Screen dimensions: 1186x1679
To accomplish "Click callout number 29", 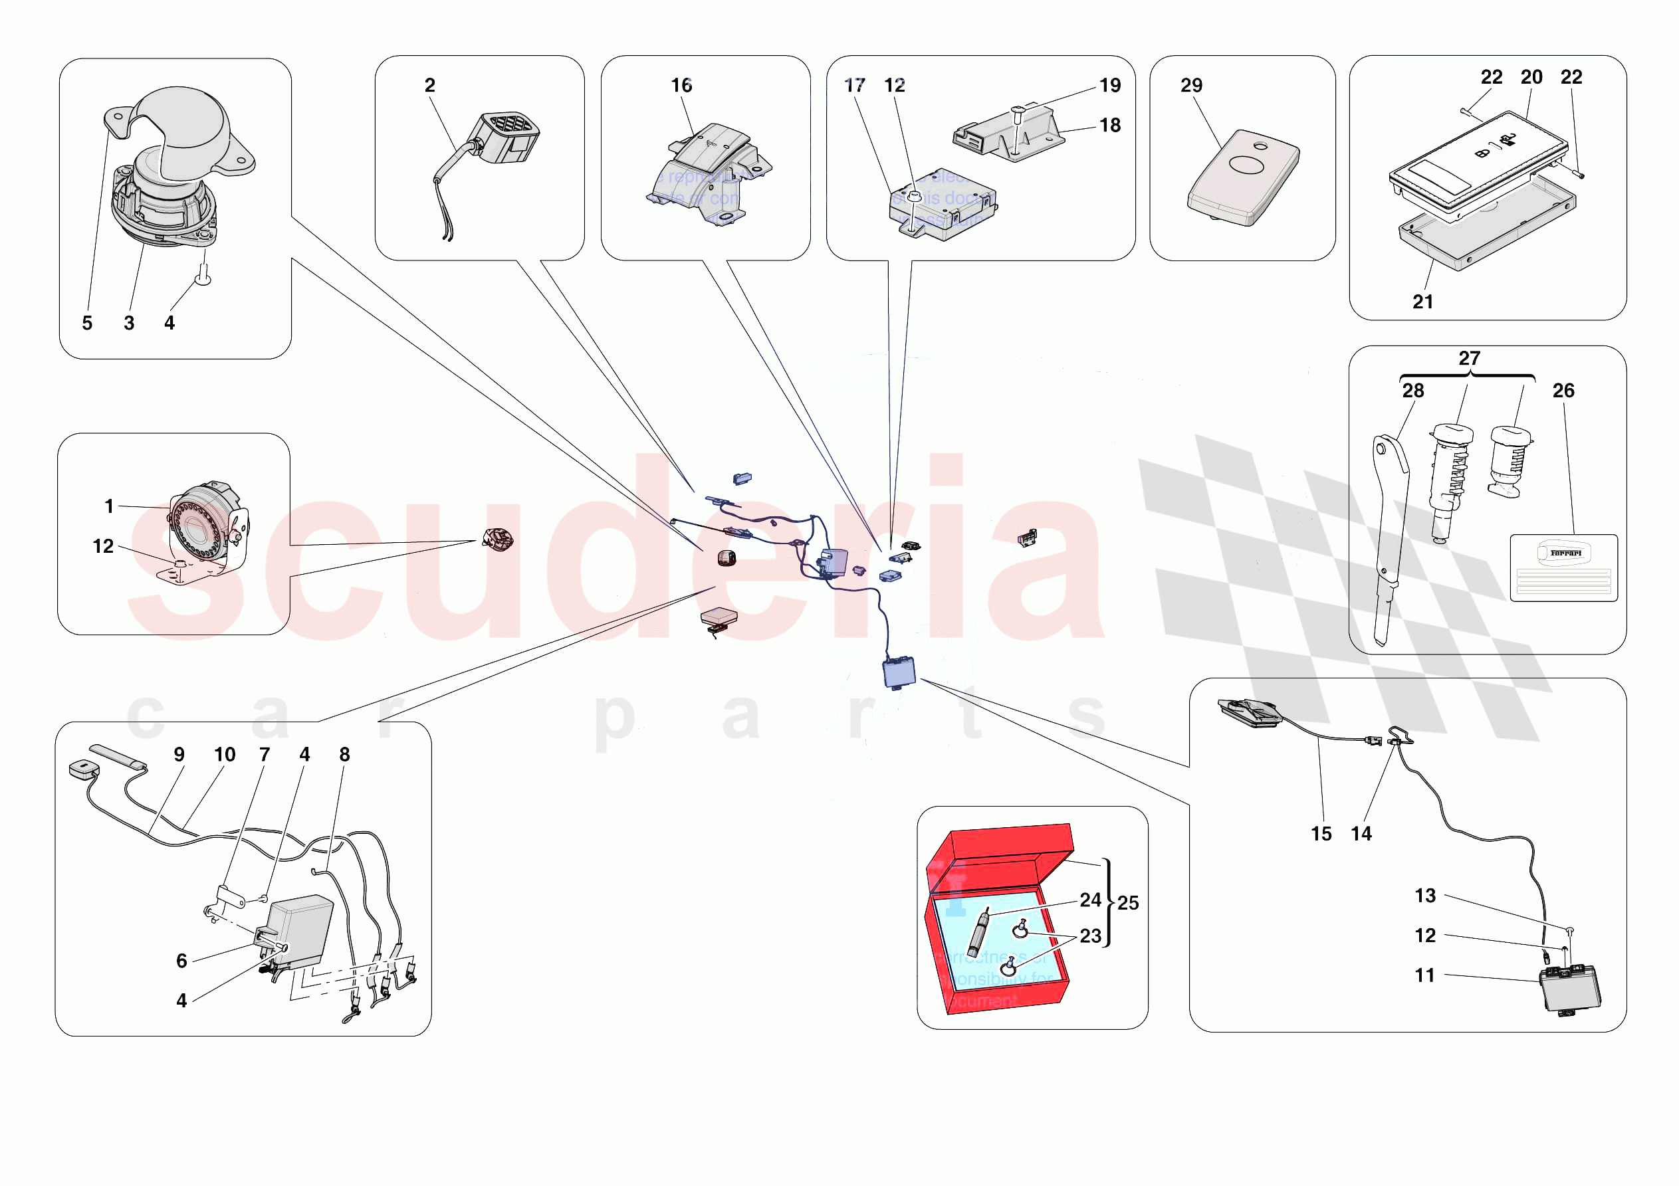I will click(1190, 86).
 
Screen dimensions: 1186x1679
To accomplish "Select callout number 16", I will click(681, 86).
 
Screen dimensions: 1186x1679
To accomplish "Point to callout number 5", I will click(87, 323).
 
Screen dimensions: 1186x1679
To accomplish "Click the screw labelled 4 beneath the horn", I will click(204, 276).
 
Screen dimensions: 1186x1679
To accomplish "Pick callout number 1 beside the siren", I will click(109, 506).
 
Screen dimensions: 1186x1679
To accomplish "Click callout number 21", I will click(1422, 302).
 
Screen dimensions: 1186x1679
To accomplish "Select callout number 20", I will click(1531, 78).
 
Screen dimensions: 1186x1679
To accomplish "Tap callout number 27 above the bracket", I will click(1469, 358).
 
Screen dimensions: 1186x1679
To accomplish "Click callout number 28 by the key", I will click(1413, 391).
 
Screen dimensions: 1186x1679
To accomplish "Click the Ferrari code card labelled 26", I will click(1563, 567).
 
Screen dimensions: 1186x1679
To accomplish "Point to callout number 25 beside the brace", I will click(1127, 903).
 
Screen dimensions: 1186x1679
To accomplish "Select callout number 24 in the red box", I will click(1089, 900).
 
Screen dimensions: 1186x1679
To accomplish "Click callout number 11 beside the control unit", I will click(1424, 975).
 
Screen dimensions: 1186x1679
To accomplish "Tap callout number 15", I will click(1321, 835).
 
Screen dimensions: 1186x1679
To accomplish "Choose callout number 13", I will click(1424, 896).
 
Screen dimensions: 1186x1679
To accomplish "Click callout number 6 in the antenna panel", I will click(181, 961).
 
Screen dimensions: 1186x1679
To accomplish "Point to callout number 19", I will click(1109, 86).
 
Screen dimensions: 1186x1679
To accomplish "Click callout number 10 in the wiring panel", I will click(225, 755).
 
